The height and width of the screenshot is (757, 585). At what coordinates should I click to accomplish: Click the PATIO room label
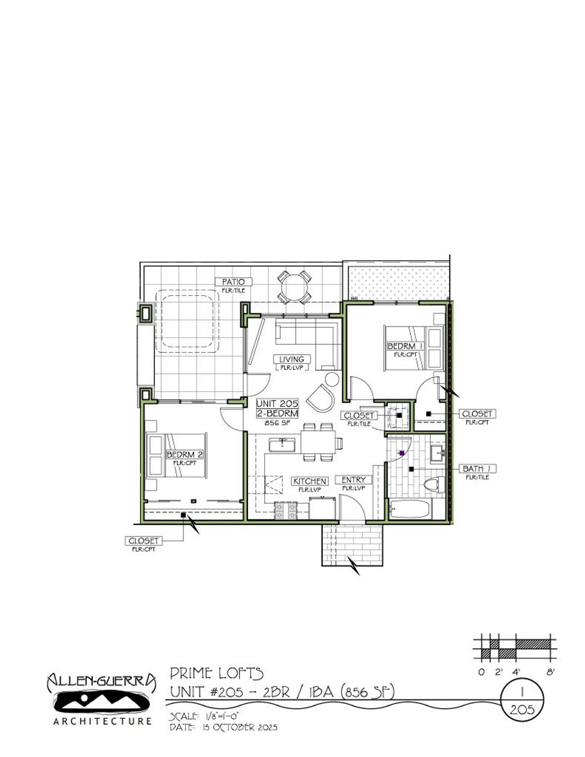point(233,281)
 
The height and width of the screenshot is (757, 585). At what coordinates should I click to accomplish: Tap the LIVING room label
point(291,359)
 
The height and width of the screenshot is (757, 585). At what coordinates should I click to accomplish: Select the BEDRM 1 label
point(404,346)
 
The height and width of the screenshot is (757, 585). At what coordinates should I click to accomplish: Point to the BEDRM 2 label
point(185,454)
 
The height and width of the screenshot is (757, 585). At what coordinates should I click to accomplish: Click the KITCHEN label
point(310,481)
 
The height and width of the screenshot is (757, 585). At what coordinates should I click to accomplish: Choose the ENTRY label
point(353,480)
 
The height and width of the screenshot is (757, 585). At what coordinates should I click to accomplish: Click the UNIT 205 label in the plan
point(277,404)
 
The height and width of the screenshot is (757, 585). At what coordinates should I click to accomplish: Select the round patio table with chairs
point(294,287)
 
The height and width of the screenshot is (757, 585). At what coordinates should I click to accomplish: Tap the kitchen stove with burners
point(286,510)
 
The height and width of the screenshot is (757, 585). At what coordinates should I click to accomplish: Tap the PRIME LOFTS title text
point(217,674)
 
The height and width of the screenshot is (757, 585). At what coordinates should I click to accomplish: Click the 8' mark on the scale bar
point(550,672)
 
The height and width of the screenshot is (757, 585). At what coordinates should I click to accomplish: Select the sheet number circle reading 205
point(522,710)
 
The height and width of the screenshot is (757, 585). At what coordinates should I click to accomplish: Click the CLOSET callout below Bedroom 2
point(144,541)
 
